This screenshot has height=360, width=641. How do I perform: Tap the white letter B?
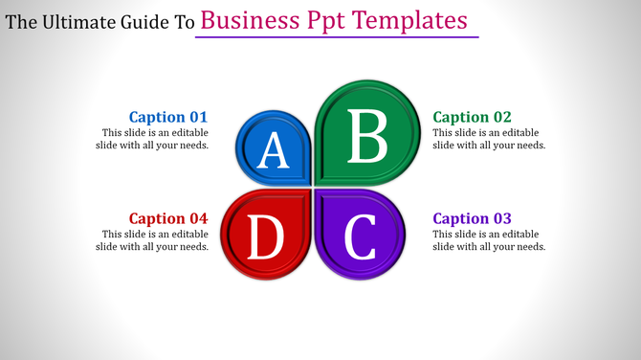(366, 137)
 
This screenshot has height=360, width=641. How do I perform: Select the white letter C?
(360, 238)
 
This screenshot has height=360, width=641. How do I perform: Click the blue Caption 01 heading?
(168, 117)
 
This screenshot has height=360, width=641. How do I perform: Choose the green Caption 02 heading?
(473, 117)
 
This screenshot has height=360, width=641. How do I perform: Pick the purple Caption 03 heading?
(473, 218)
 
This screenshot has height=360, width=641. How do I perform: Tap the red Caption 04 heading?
(168, 218)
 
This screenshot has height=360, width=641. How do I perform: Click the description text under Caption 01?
(153, 139)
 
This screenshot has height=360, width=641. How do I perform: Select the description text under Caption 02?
(489, 139)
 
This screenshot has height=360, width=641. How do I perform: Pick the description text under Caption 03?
(489, 240)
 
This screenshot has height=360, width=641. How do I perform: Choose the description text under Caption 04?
(153, 240)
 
